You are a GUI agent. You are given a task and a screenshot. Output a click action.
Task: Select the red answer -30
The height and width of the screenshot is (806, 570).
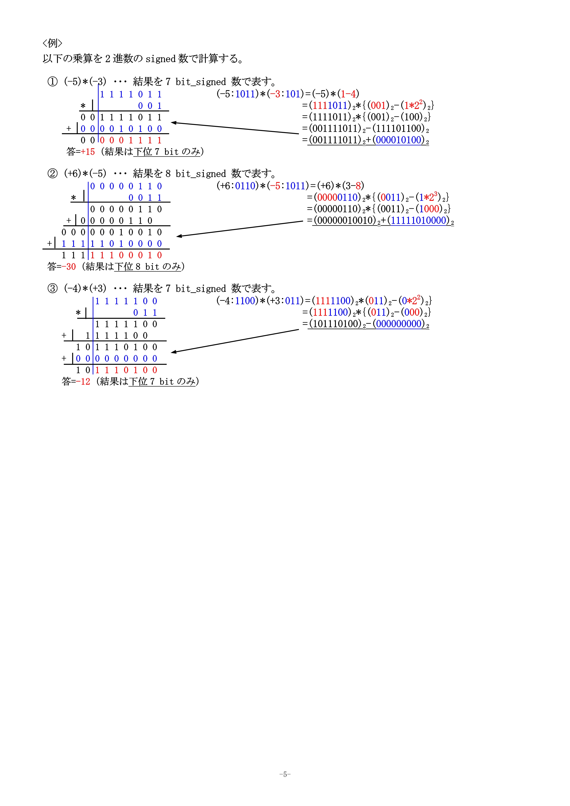pos(69,267)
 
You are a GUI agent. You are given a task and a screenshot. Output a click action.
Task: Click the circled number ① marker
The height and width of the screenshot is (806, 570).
pos(52,82)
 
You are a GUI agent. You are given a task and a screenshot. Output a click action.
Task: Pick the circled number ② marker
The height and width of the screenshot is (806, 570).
pos(52,174)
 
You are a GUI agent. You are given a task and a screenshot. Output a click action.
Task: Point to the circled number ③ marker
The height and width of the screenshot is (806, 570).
pos(52,289)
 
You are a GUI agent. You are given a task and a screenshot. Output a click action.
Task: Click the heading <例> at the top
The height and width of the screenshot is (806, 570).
pos(52,43)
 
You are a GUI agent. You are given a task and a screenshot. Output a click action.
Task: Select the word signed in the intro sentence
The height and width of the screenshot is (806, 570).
pos(160,59)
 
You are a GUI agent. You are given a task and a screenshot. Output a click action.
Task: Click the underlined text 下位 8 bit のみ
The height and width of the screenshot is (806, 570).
pos(148,267)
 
